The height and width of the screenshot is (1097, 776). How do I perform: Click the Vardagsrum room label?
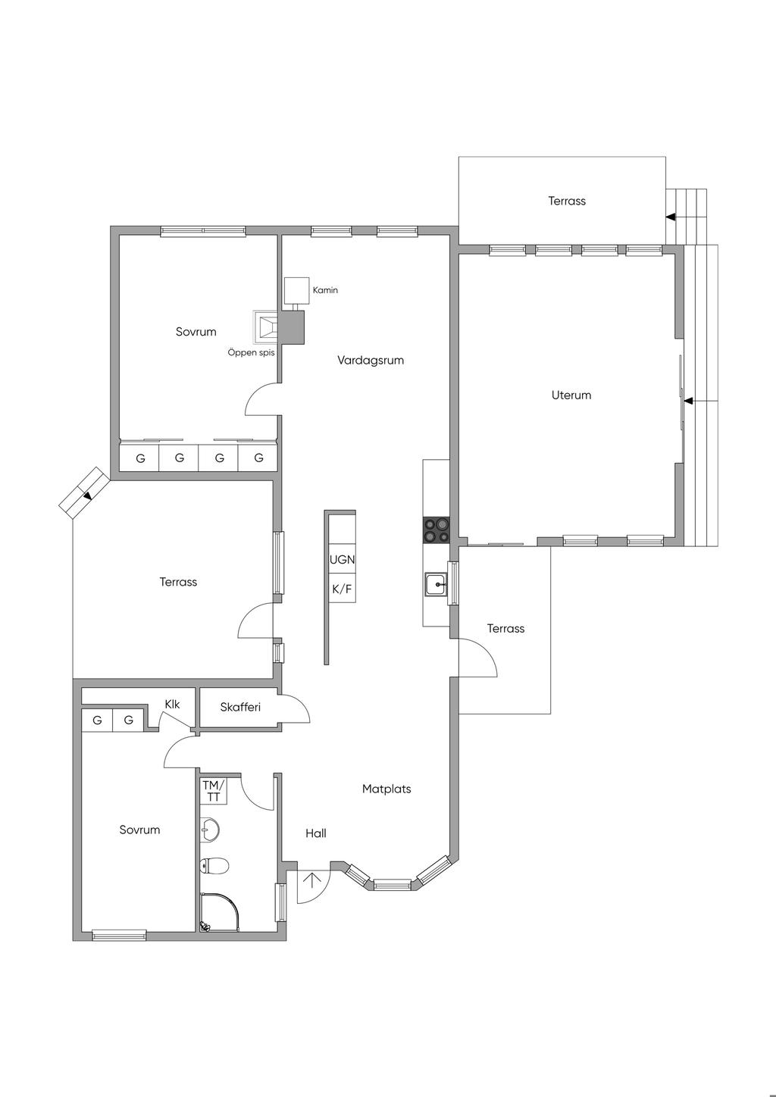[371, 361]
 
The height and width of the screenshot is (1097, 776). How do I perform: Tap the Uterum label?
[571, 395]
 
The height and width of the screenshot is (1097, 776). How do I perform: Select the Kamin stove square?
[297, 290]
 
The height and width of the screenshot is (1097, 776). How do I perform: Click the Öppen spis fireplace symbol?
[266, 327]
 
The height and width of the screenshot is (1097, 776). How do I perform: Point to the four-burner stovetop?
[436, 530]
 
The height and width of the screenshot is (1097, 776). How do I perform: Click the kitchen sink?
[436, 584]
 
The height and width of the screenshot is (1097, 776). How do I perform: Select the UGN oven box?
[342, 559]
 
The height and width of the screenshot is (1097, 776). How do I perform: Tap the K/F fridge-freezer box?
[342, 588]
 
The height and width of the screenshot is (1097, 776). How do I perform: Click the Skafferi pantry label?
[240, 707]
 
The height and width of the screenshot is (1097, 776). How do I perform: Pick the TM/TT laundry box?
[214, 791]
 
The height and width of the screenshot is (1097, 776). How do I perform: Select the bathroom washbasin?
[210, 830]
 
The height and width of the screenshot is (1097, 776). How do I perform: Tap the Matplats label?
[386, 789]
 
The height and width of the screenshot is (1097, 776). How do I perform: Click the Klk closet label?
[172, 705]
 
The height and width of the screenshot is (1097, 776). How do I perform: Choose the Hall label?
[316, 833]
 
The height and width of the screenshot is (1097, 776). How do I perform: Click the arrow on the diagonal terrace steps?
[88, 496]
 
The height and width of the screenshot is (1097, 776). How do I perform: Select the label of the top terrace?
[567, 201]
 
